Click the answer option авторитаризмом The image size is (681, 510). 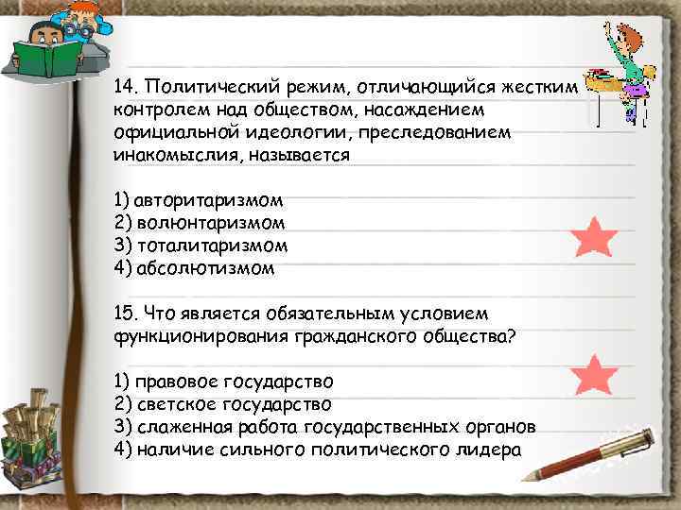click(x=208, y=201)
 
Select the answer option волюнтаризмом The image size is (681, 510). click(x=210, y=224)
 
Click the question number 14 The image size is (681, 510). click(x=125, y=88)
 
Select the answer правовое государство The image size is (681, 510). click(x=234, y=382)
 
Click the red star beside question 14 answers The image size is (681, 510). click(x=596, y=238)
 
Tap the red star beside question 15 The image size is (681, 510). click(x=596, y=376)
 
